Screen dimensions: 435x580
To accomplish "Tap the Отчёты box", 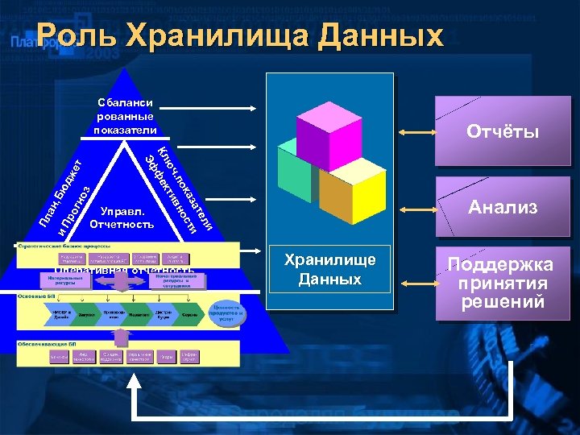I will pyautogui.click(x=503, y=130).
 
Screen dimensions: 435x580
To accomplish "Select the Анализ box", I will pyautogui.click(x=503, y=207).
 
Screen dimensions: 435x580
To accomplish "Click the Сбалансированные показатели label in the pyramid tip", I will pyautogui.click(x=125, y=116).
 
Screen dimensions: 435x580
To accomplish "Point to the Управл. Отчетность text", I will pyautogui.click(x=122, y=216).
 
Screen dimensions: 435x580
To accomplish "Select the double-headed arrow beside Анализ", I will pyautogui.click(x=418, y=207).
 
